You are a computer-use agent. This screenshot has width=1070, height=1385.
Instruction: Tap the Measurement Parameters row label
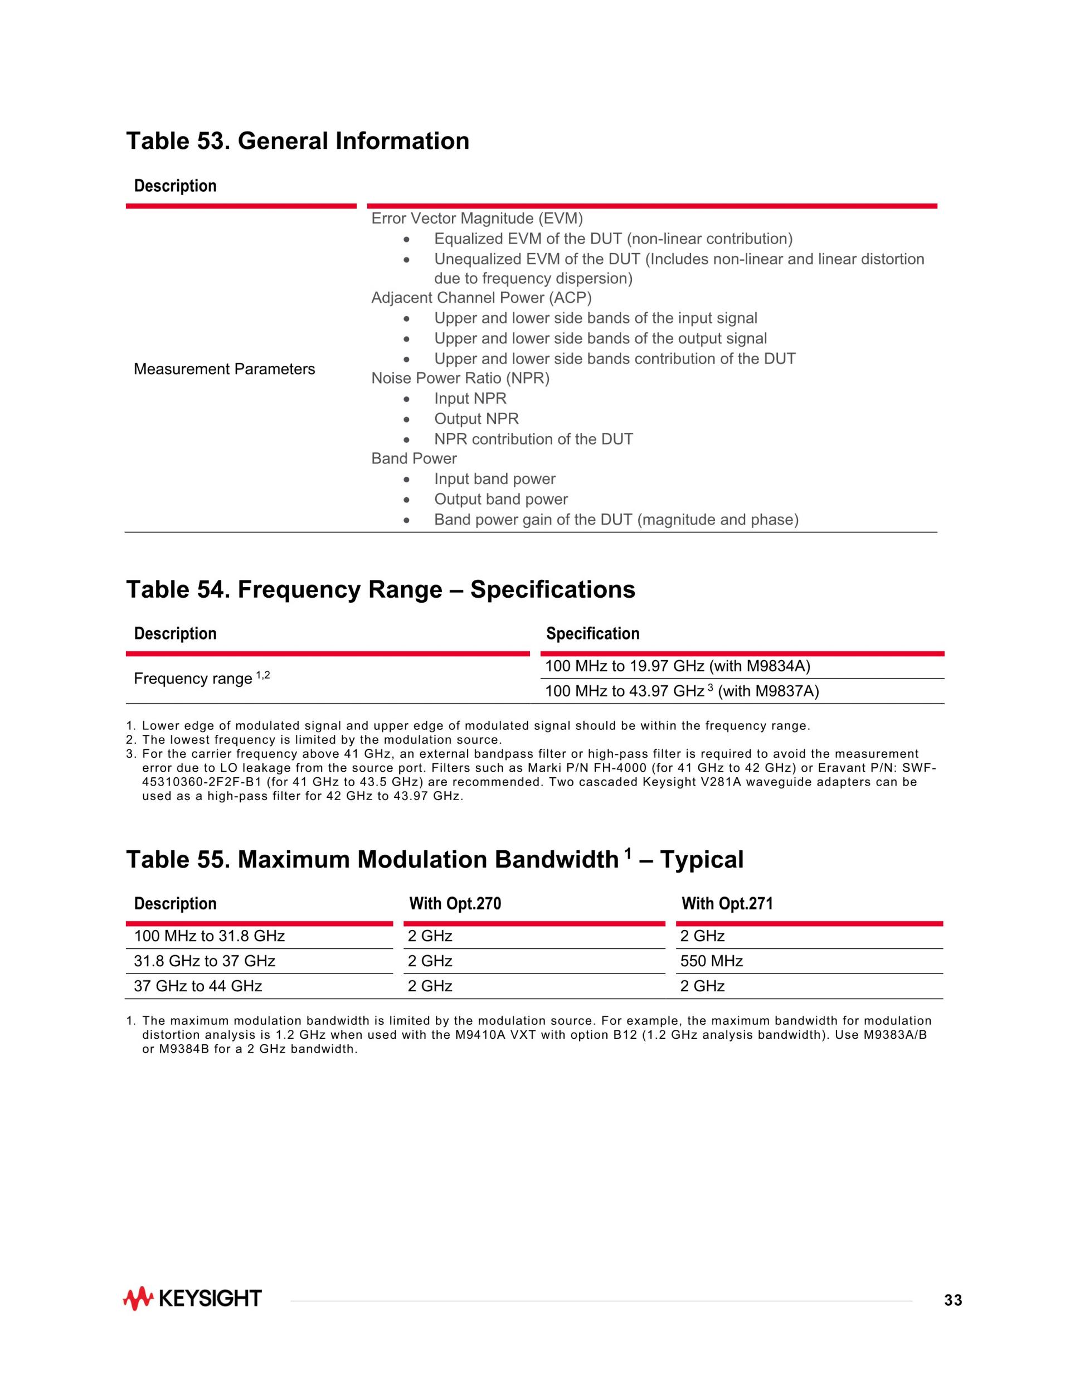tap(224, 369)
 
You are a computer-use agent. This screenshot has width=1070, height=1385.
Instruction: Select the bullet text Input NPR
tap(470, 398)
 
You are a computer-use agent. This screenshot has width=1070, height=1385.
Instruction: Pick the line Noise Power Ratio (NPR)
tap(460, 378)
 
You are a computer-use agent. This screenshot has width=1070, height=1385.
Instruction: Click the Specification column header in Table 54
tap(593, 633)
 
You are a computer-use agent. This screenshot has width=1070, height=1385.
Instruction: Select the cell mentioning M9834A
tap(677, 666)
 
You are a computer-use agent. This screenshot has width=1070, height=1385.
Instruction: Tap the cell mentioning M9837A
tap(682, 691)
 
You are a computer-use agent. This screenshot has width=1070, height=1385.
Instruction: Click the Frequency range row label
tap(202, 679)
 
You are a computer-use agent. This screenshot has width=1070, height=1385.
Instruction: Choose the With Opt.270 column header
tap(455, 904)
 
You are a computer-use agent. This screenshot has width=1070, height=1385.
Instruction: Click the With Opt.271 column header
tap(727, 904)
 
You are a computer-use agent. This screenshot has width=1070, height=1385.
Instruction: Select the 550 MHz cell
tap(711, 961)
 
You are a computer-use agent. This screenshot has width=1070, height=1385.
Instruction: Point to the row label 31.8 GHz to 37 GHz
tap(204, 961)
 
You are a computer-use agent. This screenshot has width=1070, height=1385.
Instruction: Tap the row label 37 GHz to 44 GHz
tap(198, 986)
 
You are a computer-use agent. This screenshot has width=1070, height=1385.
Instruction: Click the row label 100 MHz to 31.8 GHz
tap(209, 936)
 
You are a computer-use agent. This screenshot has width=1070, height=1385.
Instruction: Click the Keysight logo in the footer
tap(192, 1299)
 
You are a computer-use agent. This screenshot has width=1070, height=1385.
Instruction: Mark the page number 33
tap(953, 1301)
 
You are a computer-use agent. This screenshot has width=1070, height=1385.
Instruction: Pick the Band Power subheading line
tap(414, 458)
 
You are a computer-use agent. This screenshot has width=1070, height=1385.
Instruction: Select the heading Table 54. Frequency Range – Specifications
tap(380, 589)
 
